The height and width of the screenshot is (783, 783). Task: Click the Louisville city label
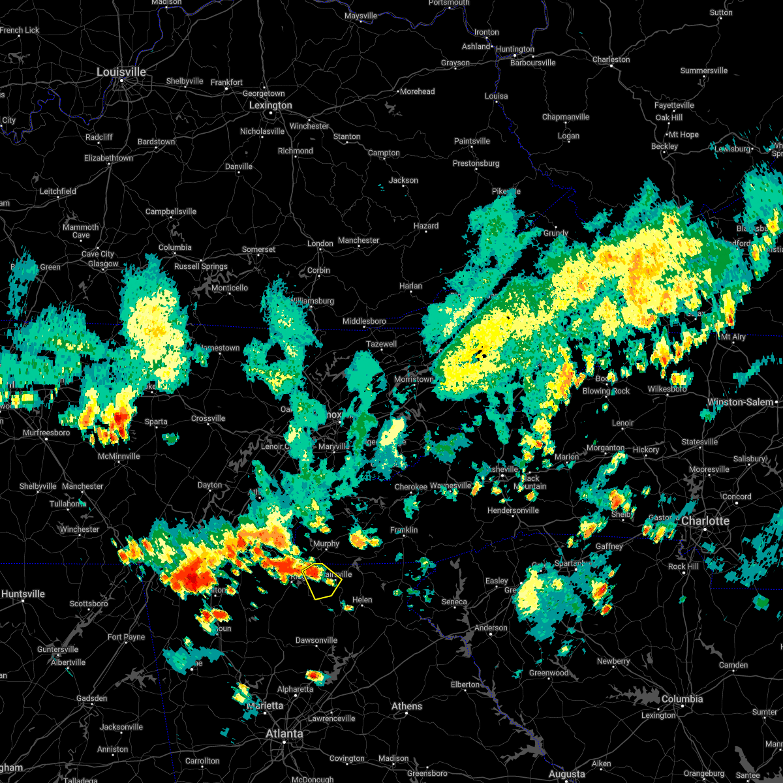[x=121, y=72]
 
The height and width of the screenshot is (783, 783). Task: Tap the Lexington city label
[x=270, y=105]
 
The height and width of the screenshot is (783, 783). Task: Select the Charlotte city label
[x=705, y=521]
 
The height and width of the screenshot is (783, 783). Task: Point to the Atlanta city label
[x=284, y=733]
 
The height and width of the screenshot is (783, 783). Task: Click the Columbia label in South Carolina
[x=682, y=699]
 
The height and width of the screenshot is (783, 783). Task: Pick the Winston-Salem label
[x=740, y=402]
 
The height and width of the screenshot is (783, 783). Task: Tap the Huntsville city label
[x=23, y=594]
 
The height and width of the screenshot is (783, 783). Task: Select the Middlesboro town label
[x=364, y=321]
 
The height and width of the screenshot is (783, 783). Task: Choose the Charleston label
[x=611, y=59]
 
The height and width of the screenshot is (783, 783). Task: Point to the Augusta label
[x=566, y=775]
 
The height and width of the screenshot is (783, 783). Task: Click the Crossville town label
[x=208, y=418]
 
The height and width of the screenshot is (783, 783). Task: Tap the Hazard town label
[x=426, y=226]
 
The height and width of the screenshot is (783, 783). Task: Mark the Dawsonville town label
[x=316, y=640]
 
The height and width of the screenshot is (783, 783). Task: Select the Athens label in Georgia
[x=407, y=706]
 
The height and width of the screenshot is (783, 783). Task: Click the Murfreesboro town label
[x=46, y=433]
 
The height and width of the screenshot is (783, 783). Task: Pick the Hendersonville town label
[x=513, y=510]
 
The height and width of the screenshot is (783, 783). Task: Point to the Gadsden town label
[x=91, y=698]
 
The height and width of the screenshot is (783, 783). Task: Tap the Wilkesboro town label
[x=668, y=389]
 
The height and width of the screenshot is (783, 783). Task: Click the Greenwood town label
[x=549, y=673]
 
